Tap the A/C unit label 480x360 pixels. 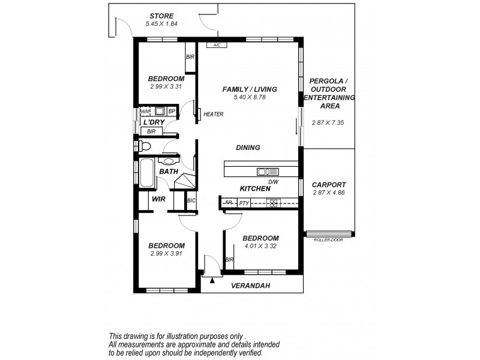point(214,45)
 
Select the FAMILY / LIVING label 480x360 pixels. point(250,89)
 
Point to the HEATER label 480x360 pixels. point(213,115)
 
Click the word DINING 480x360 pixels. point(247,147)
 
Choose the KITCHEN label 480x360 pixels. point(255,188)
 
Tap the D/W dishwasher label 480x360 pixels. point(273,182)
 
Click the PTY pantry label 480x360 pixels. point(244,203)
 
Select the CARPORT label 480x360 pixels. point(329,185)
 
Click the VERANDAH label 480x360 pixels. point(250,286)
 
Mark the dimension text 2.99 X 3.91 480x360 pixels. point(166,253)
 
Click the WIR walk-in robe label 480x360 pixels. point(158,199)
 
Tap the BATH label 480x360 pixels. point(168,172)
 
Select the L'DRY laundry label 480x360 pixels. point(154,122)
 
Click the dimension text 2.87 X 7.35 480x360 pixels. point(329,122)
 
